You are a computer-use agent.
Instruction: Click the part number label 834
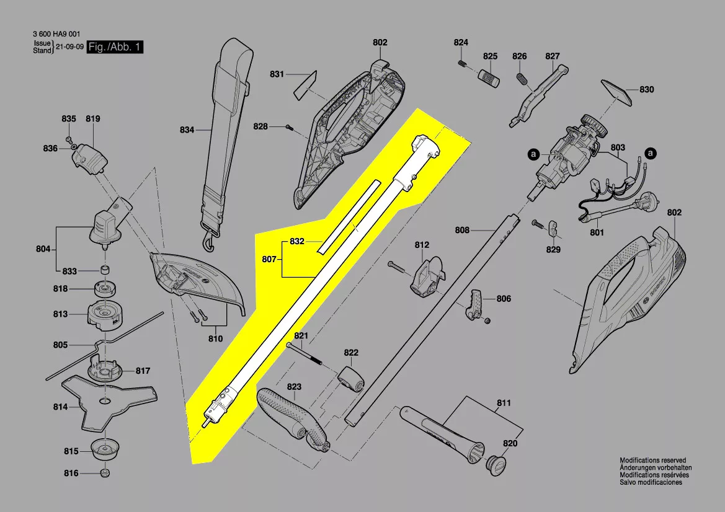(x=187, y=130)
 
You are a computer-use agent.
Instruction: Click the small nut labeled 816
(x=104, y=474)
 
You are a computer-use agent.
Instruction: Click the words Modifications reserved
(x=652, y=461)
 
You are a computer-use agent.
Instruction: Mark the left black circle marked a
(x=532, y=152)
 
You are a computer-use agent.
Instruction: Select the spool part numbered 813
(x=102, y=315)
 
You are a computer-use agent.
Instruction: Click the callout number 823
(x=294, y=387)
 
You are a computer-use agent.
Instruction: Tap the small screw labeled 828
(x=289, y=127)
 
